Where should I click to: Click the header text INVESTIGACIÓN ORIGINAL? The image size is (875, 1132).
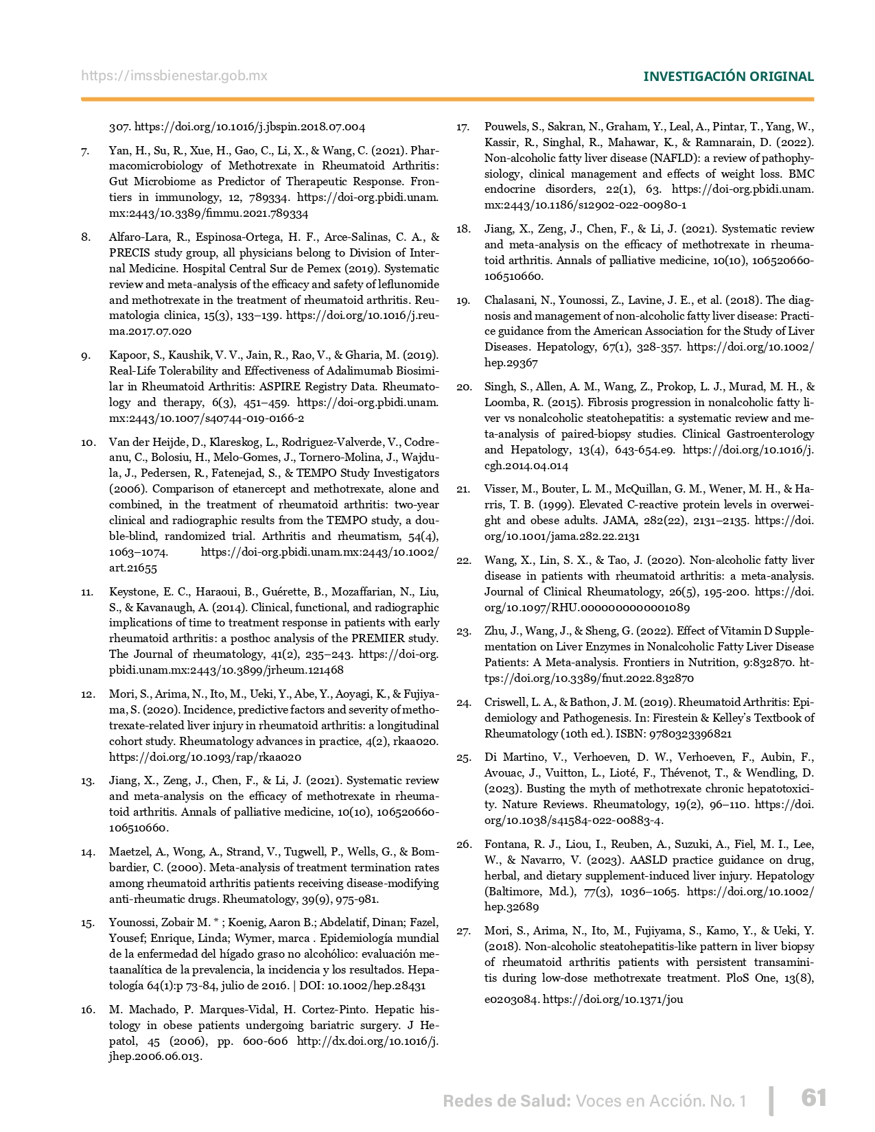tap(728, 76)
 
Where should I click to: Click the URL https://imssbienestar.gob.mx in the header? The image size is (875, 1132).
tap(174, 75)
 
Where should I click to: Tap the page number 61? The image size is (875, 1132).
tap(814, 1098)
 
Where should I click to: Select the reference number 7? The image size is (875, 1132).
tap(85, 150)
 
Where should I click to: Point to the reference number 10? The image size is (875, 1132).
tap(87, 442)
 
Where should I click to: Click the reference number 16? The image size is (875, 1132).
tap(87, 1010)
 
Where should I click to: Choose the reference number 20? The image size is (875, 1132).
tap(463, 387)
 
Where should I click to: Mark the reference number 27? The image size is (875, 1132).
tap(463, 931)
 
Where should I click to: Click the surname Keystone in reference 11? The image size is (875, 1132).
tap(131, 591)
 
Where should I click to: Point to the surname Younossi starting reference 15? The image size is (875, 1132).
tap(132, 923)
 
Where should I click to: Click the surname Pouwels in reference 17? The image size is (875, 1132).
tap(507, 127)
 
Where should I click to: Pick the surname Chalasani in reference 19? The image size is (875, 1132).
tap(511, 300)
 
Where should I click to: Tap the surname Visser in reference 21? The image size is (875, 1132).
tap(502, 489)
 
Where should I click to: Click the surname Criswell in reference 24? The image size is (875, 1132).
tap(507, 703)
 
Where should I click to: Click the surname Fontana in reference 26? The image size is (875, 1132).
tap(507, 845)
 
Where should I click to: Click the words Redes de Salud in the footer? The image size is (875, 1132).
tap(506, 1101)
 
